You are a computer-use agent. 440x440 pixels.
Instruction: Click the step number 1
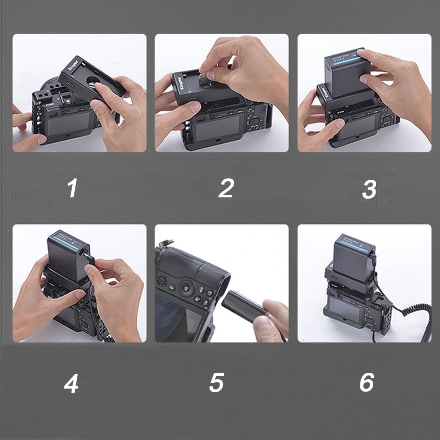click(x=72, y=189)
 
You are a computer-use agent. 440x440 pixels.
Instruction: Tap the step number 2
click(x=225, y=189)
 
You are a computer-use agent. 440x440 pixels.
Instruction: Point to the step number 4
click(x=71, y=383)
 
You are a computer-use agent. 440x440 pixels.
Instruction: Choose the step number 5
click(x=216, y=382)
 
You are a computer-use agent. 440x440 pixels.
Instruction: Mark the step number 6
click(x=367, y=382)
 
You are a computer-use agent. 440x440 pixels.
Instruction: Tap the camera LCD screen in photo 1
click(x=70, y=124)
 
